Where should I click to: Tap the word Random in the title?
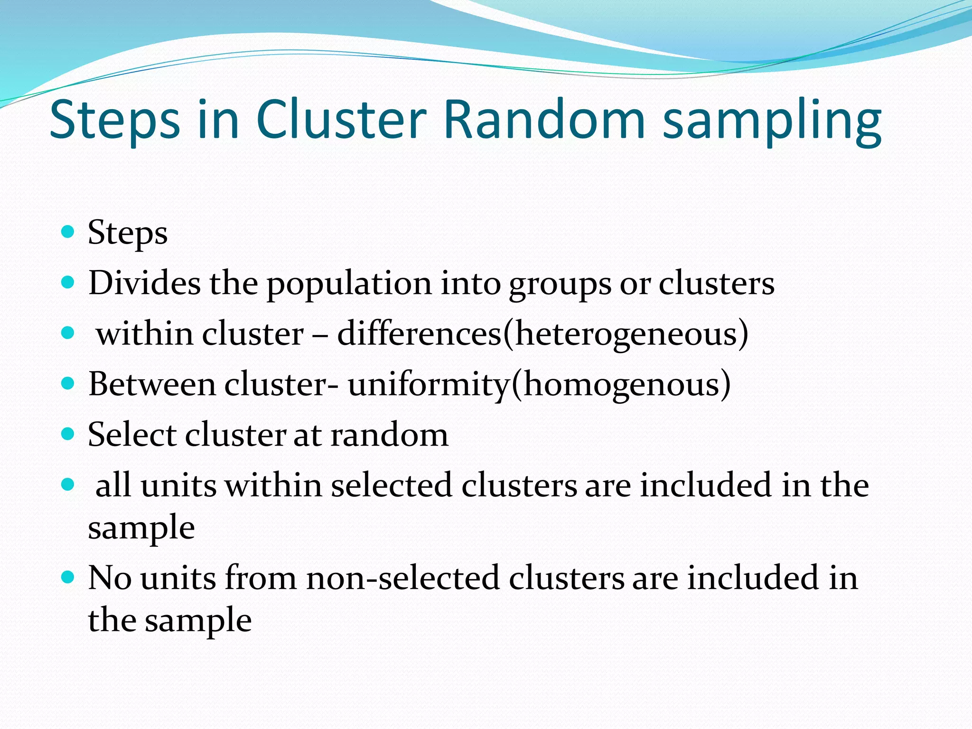click(543, 120)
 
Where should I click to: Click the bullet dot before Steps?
click(68, 232)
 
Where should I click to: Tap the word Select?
click(132, 435)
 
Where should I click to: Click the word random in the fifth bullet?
click(389, 435)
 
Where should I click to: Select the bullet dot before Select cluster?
click(68, 434)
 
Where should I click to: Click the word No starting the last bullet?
click(110, 578)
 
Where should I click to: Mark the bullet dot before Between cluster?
click(68, 383)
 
